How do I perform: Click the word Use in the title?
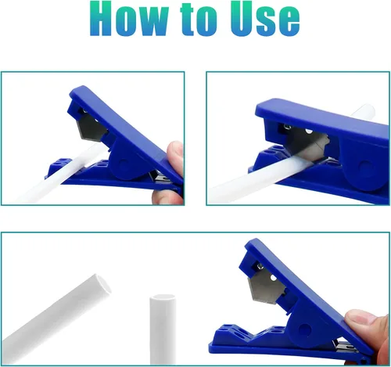pos(265,19)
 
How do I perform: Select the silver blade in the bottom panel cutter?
pos(267,289)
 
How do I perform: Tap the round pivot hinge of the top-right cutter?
pos(364,167)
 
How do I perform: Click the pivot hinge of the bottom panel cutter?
pos(303,329)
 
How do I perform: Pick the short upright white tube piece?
pos(163,329)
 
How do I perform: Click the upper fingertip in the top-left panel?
pos(175,153)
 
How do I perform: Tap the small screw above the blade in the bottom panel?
pos(260,266)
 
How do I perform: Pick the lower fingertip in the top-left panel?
pos(167,196)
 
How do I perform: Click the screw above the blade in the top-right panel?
pos(287,127)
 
